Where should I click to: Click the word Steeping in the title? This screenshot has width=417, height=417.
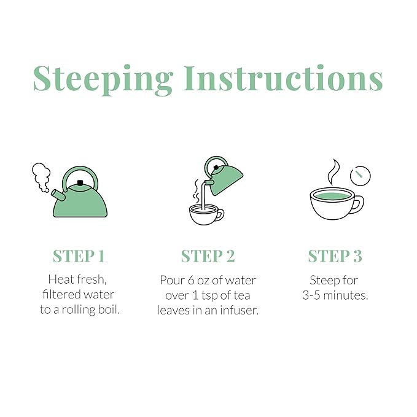[103, 79]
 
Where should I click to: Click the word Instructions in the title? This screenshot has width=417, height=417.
[284, 78]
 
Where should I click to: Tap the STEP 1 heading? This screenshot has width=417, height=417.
[79, 256]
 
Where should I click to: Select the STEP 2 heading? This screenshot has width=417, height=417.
[208, 256]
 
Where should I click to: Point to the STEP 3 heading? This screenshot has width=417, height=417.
[335, 256]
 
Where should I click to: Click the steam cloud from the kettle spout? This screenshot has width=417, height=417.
[41, 176]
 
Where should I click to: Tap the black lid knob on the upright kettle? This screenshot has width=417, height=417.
[80, 183]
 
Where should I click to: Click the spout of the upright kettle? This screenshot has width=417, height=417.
[58, 195]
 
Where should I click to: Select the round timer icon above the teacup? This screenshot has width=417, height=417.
[360, 176]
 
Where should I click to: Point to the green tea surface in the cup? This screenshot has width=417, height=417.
[332, 197]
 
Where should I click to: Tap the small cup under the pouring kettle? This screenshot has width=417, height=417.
[206, 214]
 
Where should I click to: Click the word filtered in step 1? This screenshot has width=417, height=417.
[61, 294]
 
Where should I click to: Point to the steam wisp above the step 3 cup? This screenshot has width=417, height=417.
[333, 172]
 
